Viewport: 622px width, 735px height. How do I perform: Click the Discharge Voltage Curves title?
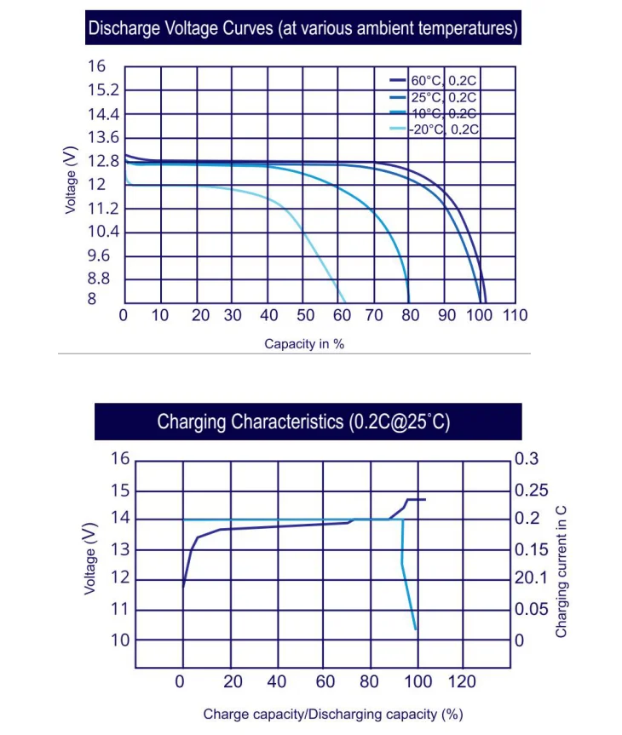tap(302, 28)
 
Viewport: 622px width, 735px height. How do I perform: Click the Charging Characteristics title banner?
tap(302, 422)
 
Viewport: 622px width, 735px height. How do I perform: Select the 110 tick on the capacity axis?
tap(515, 316)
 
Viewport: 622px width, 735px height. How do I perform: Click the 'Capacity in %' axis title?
tap(304, 344)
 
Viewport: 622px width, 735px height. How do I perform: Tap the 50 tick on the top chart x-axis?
tap(305, 316)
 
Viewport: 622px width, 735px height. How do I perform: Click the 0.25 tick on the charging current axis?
tap(533, 490)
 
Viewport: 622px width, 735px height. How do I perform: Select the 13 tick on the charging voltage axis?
tap(120, 549)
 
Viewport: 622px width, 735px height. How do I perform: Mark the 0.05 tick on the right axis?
tap(533, 609)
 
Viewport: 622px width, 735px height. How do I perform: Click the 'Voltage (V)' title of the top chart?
tap(72, 179)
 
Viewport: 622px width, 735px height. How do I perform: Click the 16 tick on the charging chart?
tap(120, 459)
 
